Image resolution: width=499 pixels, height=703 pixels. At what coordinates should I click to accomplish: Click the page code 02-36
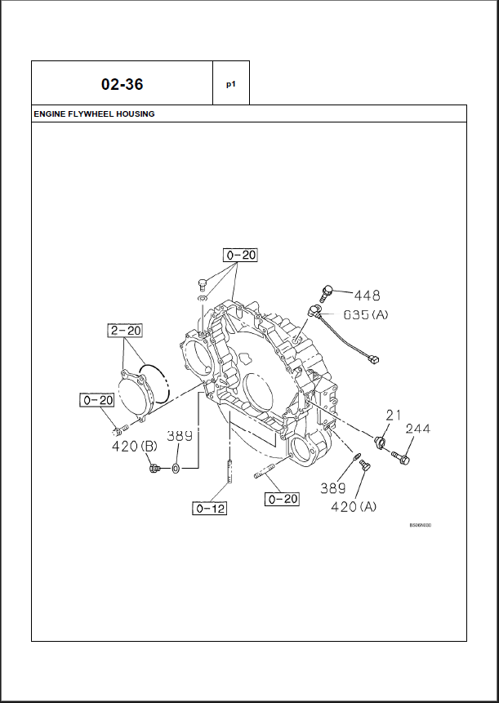[122, 84]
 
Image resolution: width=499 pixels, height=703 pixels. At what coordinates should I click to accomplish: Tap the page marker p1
[231, 83]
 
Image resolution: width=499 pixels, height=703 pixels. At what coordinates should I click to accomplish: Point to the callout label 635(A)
[365, 314]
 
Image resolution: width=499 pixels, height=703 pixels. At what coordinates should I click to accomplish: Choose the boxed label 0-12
[209, 509]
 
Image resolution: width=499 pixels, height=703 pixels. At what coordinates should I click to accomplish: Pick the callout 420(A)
[354, 506]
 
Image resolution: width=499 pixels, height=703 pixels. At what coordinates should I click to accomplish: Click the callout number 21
[394, 416]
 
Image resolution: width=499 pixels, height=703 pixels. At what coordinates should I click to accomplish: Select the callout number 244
[417, 429]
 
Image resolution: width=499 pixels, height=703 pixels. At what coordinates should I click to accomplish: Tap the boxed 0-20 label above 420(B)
[96, 399]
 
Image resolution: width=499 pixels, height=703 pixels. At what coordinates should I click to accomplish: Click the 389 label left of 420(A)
[332, 488]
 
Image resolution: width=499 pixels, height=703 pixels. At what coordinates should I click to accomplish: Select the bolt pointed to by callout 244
[400, 456]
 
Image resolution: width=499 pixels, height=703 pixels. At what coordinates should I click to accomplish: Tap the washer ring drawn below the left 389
[176, 469]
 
